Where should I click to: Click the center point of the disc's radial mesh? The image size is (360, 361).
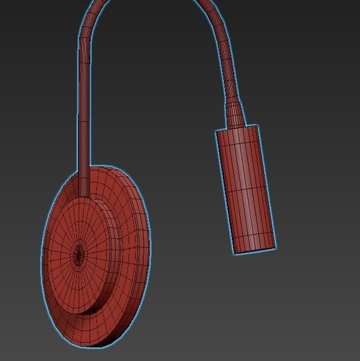point(79,252)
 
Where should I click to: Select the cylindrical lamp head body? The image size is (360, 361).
point(245,189)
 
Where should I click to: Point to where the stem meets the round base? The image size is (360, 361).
point(84,183)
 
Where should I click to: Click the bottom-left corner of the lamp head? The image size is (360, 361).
point(234,253)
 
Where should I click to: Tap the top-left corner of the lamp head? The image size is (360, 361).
point(216,131)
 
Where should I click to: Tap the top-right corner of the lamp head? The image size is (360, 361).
point(258,125)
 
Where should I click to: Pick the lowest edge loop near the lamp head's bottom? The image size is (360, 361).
point(254,236)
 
